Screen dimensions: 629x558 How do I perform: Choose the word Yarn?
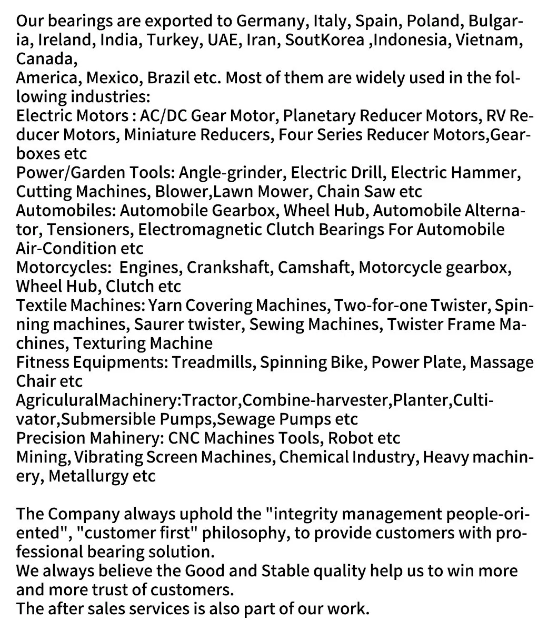coord(165,306)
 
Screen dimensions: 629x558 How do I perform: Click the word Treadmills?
coord(213,362)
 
